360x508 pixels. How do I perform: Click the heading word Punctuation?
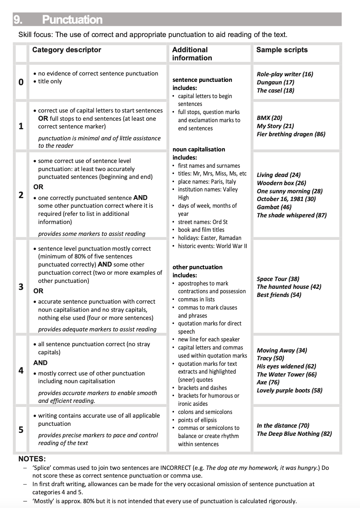[72, 20]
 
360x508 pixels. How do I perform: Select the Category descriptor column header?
[67, 50]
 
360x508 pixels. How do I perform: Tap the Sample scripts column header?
[282, 50]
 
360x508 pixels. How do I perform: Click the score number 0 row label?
[21, 82]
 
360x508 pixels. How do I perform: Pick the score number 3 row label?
[21, 287]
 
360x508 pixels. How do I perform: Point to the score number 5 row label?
[21, 430]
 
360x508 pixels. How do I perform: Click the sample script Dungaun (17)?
[276, 82]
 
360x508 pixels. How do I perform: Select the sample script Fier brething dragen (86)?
[291, 134]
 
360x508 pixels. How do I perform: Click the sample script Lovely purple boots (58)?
[290, 390]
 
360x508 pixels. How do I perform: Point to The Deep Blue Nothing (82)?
[294, 434]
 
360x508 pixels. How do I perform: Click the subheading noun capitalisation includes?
[199, 153]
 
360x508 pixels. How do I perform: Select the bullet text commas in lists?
[196, 299]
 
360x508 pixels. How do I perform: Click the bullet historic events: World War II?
[212, 246]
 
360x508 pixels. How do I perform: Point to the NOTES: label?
[32, 459]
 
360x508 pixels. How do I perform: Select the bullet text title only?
[50, 81]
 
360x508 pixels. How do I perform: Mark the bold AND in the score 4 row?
[40, 363]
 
